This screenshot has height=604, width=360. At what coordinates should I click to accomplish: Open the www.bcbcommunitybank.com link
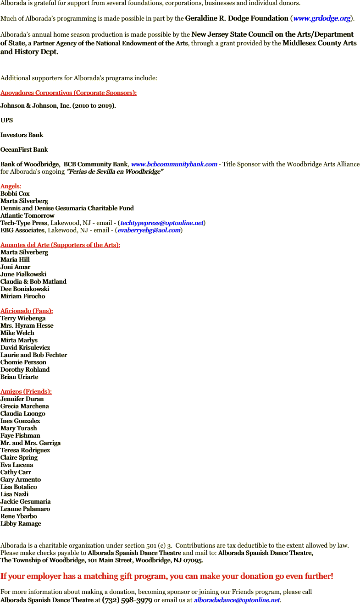174,165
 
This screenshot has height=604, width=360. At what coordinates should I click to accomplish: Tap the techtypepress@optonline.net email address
161,223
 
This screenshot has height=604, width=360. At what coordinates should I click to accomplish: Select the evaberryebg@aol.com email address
149,231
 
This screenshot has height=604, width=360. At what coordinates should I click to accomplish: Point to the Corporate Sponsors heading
68,93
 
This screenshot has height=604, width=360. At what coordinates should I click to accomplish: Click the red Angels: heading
11,187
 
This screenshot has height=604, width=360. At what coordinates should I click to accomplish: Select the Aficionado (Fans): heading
27,311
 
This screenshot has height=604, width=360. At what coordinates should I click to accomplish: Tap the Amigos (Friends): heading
26,392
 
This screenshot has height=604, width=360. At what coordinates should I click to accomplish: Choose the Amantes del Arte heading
60,245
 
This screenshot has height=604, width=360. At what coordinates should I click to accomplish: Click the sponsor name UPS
7,121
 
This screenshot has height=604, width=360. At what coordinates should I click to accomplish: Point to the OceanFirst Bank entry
24,150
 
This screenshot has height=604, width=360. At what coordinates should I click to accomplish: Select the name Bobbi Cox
15,194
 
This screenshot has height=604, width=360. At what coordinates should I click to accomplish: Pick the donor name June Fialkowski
23,275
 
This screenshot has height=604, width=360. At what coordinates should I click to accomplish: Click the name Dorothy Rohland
25,370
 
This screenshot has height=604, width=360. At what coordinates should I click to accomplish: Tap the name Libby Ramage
21,524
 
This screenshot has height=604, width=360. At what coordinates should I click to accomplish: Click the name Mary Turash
19,428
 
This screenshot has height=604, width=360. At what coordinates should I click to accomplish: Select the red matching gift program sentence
166,576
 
